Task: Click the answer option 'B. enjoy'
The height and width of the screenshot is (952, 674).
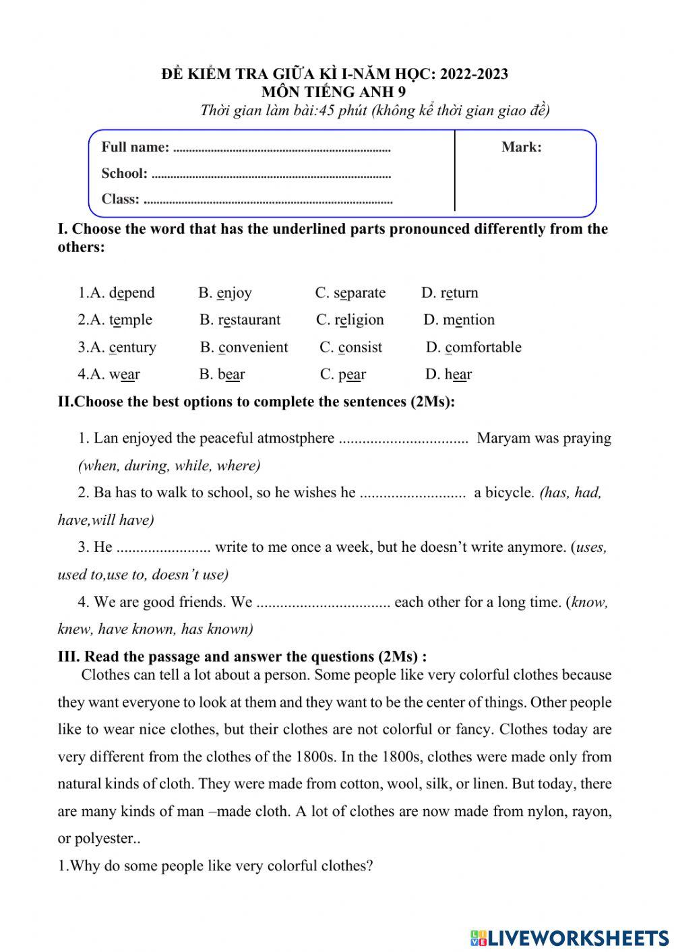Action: point(225,293)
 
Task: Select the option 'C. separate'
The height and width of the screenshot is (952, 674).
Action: point(350,293)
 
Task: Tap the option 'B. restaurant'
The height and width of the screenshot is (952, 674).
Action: point(240,320)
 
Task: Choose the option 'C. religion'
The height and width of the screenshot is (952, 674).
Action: point(350,320)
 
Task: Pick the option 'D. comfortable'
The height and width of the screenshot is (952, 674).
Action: point(473,348)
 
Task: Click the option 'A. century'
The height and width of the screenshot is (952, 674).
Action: point(117,348)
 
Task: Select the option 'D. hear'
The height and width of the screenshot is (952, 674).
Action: point(448,375)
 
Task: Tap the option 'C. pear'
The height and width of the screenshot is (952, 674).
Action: point(343,375)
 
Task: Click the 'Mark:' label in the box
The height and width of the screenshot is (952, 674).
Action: point(521,148)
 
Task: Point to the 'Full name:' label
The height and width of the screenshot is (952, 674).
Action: point(135,148)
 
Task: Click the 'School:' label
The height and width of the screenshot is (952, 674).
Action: point(124,174)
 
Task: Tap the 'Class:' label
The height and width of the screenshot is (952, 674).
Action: point(120,199)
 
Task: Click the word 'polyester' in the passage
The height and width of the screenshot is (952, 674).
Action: point(102,839)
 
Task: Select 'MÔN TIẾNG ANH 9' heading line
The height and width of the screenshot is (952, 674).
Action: point(334,92)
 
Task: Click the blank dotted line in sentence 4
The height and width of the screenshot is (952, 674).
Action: point(324,603)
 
